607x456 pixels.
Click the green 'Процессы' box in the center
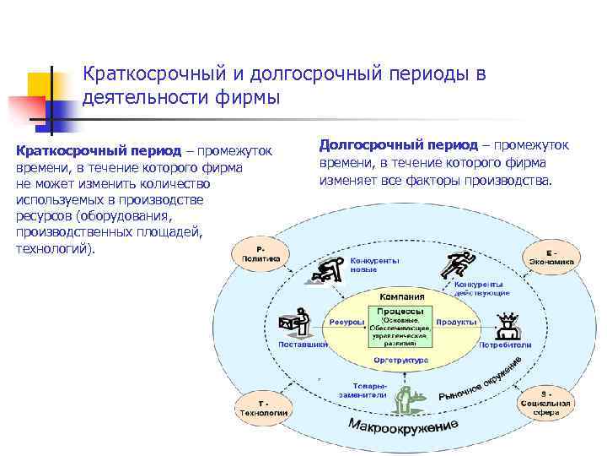(x=400, y=327)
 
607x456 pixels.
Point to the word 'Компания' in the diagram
(x=401, y=297)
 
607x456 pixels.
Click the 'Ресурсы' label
(x=346, y=322)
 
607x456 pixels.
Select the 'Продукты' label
(x=458, y=322)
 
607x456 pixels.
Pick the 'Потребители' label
(x=505, y=345)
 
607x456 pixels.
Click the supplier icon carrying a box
(x=295, y=322)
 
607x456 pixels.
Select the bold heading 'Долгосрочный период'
(x=398, y=145)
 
